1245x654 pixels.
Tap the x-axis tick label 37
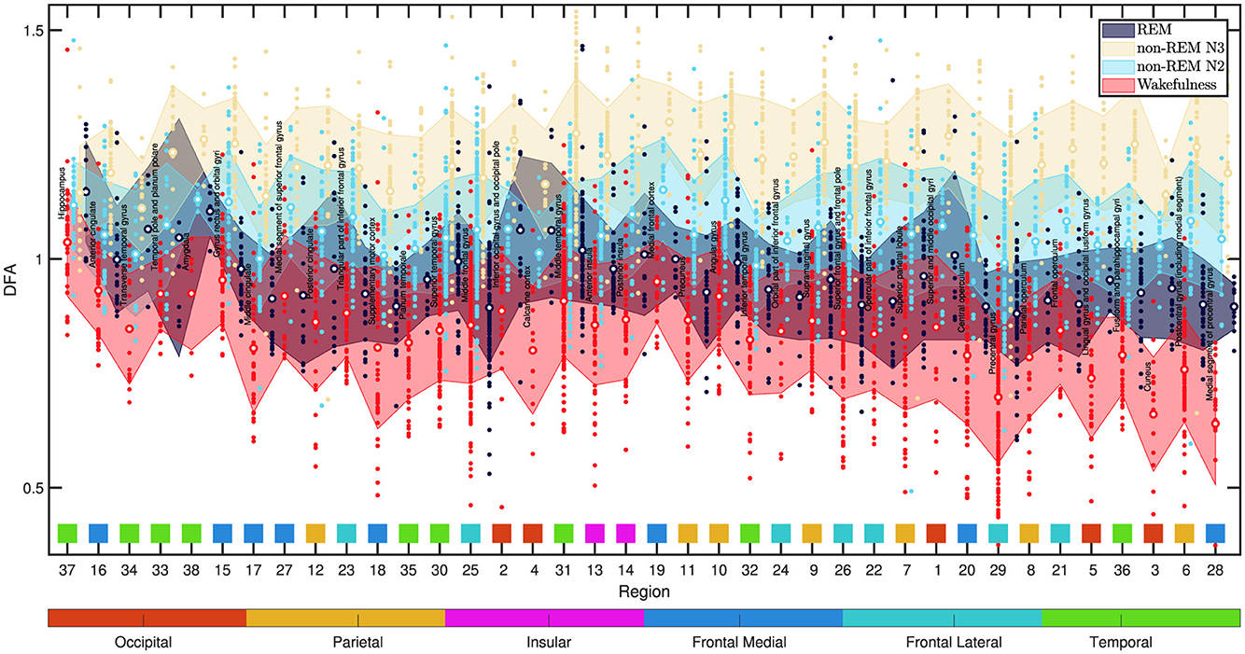[x=66, y=569]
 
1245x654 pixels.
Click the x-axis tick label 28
[x=1214, y=569]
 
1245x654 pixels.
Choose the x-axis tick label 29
[x=998, y=569]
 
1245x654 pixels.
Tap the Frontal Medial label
[x=740, y=642]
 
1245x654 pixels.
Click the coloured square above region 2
[x=501, y=533]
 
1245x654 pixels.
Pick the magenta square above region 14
[x=625, y=533]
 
